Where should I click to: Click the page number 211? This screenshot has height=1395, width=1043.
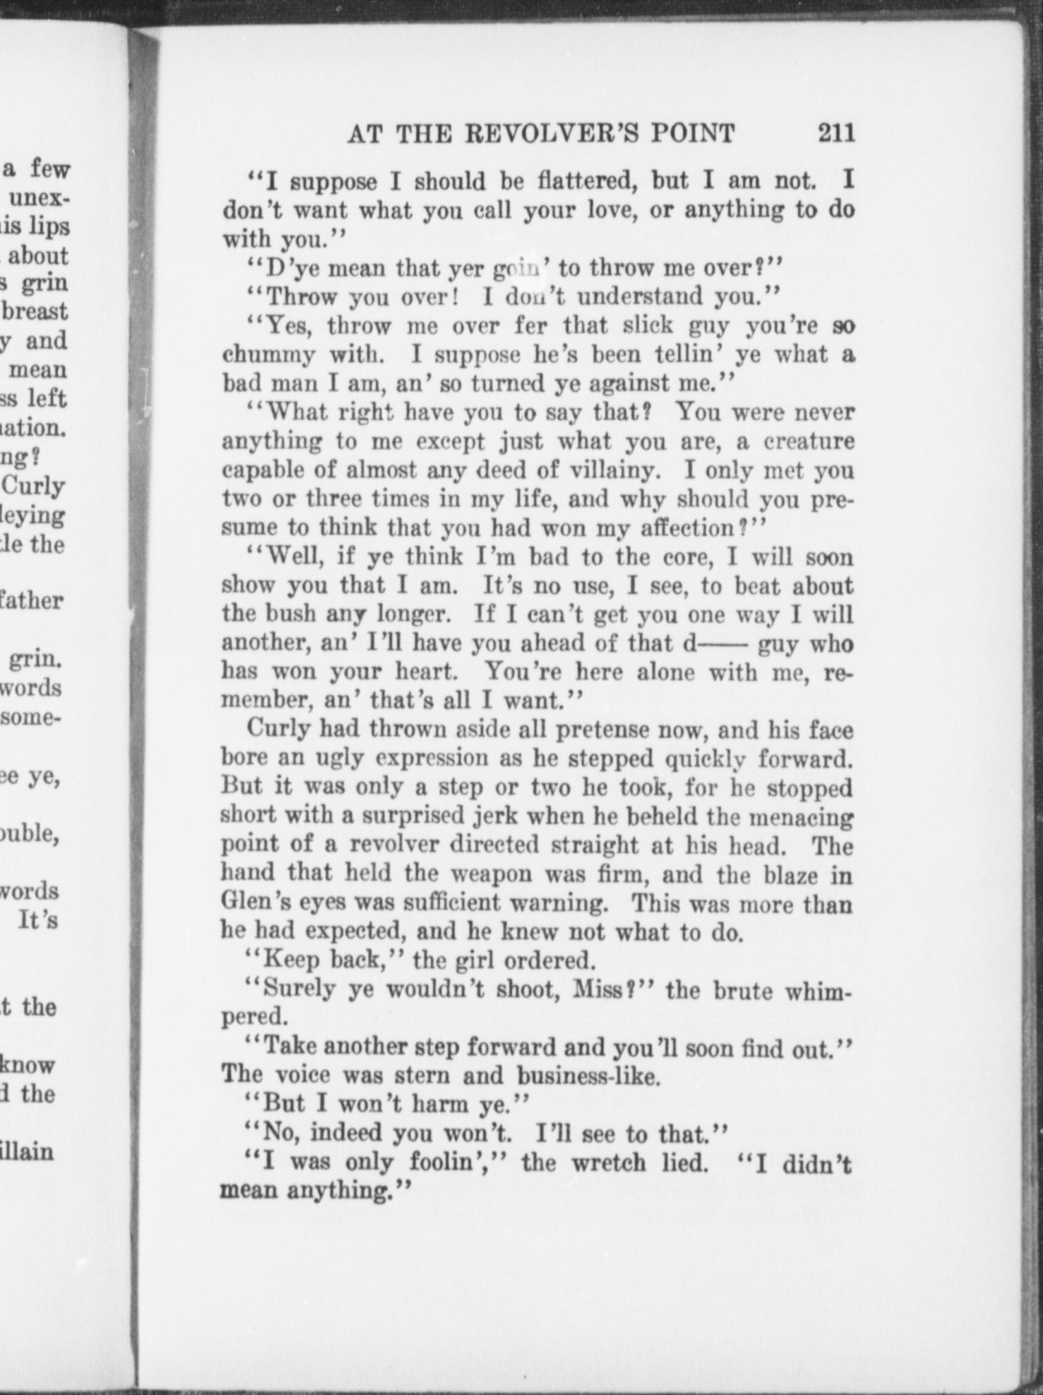pos(836,132)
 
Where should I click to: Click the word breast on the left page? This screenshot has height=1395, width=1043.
pos(36,311)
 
